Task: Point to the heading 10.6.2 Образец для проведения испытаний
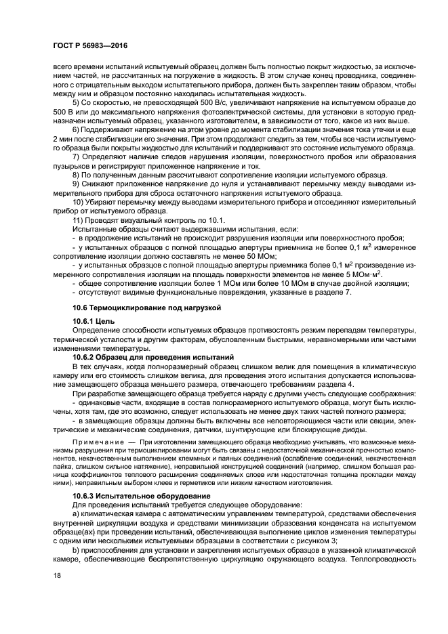point(152,356)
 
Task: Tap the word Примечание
point(96,440)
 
